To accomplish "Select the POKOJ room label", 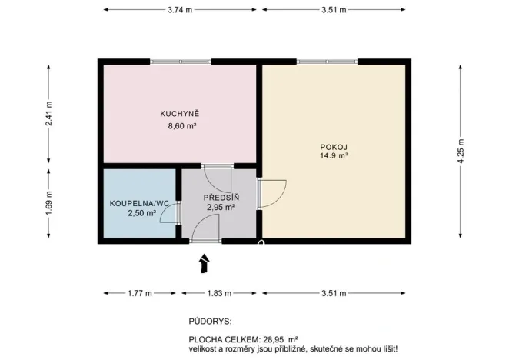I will tap(334, 146).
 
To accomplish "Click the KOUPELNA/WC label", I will tap(138, 203).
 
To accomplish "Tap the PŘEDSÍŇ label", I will tap(221, 198).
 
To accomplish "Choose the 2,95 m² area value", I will tap(221, 207).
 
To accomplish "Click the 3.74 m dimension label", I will tap(180, 10).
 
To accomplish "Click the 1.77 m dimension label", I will tap(139, 293).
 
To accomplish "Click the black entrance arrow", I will tap(204, 264).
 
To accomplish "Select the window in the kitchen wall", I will tap(179, 62).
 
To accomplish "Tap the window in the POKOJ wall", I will tap(327, 62).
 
